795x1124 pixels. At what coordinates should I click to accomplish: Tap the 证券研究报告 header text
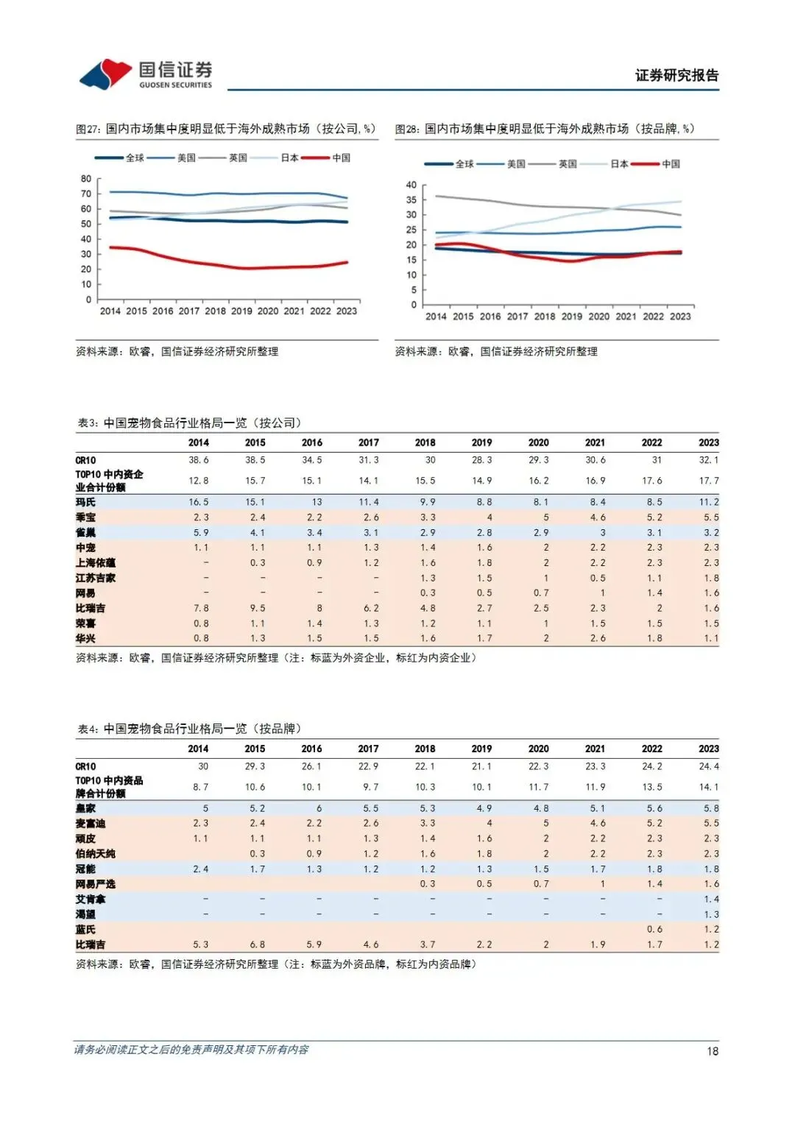676,75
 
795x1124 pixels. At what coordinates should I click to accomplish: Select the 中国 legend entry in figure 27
341,158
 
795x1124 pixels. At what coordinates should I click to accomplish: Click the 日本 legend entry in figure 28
619,164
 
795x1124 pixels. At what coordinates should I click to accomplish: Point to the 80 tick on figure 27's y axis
86,179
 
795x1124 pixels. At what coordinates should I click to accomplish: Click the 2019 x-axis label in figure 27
241,311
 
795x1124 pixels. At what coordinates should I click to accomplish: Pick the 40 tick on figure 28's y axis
411,185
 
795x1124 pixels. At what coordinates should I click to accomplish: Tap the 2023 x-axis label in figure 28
680,317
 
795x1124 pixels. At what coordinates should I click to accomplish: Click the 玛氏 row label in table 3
85,502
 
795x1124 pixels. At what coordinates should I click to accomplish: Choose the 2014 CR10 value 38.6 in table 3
199,460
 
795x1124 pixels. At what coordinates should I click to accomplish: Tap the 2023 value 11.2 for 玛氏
709,502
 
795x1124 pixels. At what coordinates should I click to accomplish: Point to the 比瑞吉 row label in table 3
90,608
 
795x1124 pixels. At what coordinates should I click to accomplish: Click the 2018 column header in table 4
425,749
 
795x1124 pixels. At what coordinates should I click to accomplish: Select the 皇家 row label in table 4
85,808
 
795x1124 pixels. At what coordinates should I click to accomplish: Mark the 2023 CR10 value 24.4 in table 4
709,766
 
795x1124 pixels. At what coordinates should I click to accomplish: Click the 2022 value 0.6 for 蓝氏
654,930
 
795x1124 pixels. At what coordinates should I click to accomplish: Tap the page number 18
712,1051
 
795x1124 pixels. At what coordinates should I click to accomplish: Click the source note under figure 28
496,352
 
